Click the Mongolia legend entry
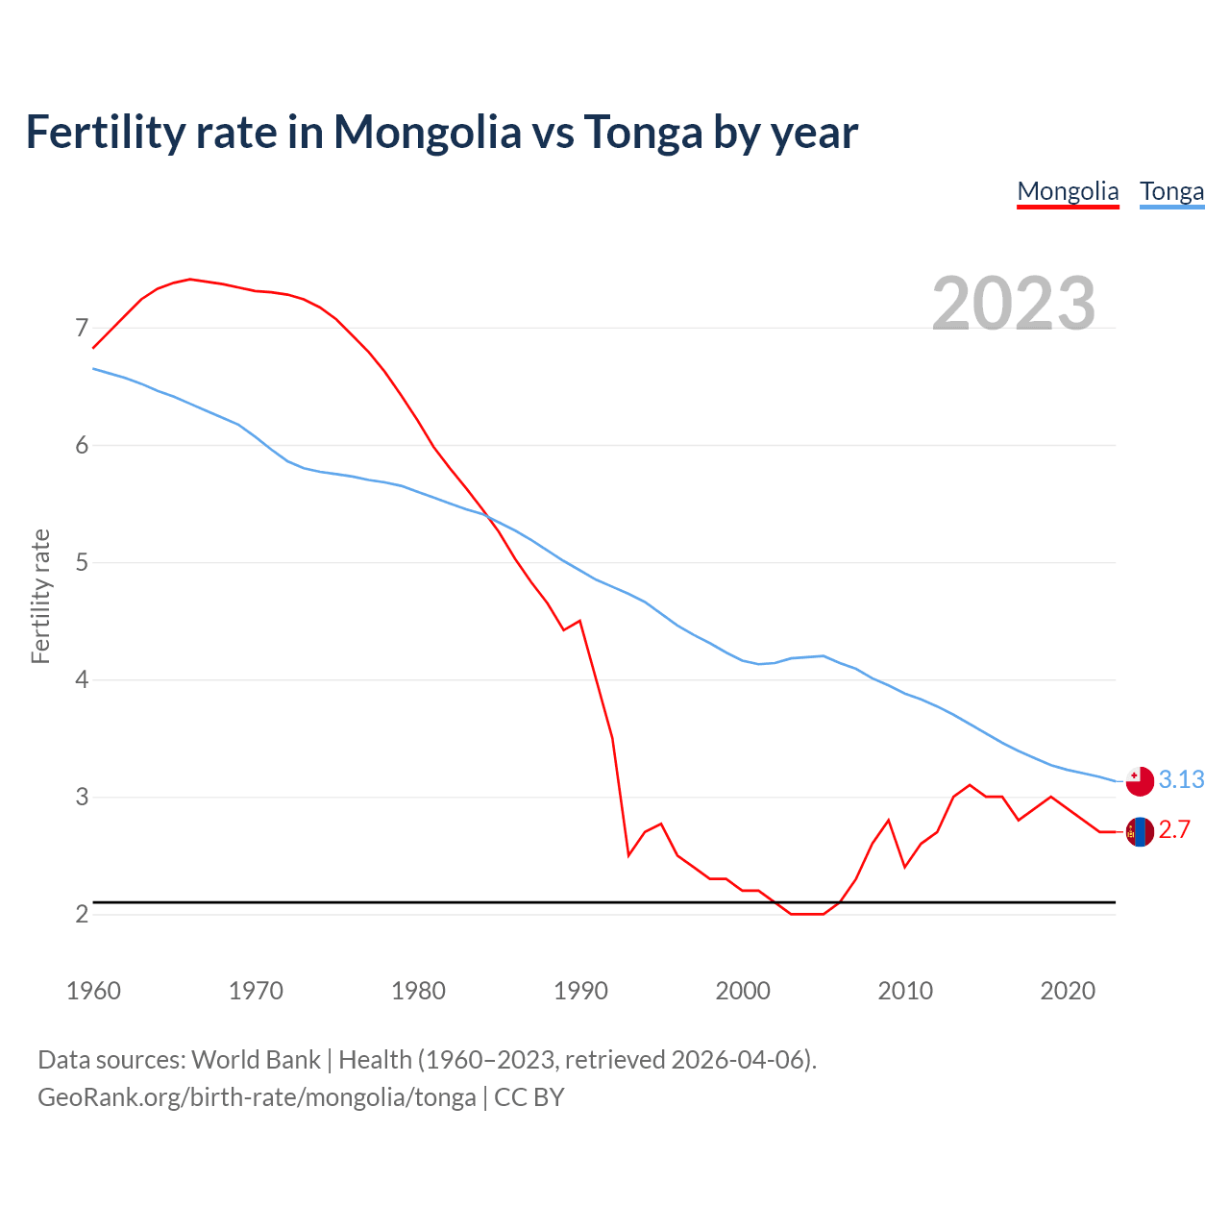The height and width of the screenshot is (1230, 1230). click(1068, 191)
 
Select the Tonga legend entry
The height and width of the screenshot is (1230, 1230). click(1171, 191)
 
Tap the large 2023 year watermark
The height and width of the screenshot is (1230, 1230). click(1014, 304)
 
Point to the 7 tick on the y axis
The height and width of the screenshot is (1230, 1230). click(82, 329)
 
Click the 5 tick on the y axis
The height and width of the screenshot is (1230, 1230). click(82, 562)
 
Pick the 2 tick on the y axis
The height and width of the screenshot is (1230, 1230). click(82, 914)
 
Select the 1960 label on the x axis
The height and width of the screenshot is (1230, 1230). click(93, 991)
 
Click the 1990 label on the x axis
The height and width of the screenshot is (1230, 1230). click(580, 991)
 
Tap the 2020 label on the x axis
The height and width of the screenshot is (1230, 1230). click(1068, 991)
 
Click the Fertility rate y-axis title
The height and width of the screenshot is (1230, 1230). click(40, 596)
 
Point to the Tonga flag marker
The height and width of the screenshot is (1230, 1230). click(1140, 780)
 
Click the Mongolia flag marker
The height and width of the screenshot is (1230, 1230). click(1140, 831)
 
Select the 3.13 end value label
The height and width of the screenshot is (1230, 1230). click(1181, 779)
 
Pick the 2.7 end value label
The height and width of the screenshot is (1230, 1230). click(1174, 830)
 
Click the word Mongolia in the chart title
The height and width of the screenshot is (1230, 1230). click(427, 133)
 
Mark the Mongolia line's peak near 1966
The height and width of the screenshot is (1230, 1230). click(190, 279)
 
